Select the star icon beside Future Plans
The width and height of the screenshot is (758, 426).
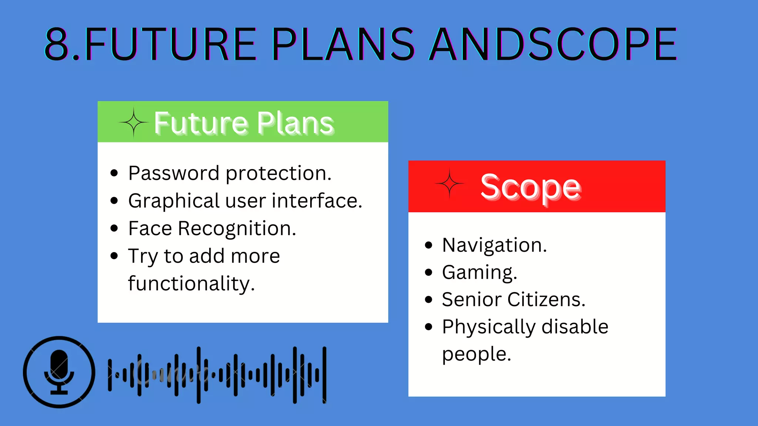tap(134, 122)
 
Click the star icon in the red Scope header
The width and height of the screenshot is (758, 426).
tap(449, 184)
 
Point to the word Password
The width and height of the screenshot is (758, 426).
tap(174, 173)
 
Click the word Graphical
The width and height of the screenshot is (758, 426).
tap(174, 201)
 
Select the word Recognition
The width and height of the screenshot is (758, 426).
tap(237, 229)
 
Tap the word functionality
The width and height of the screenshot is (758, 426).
tap(191, 284)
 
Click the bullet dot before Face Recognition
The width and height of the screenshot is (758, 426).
tap(114, 229)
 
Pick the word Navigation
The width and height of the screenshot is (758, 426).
tap(494, 245)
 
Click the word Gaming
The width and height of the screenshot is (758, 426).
tap(479, 273)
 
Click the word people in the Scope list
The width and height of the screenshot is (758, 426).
tap(476, 354)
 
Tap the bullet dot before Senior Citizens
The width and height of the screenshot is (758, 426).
tap(429, 300)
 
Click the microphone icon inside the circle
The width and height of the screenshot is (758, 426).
tap(59, 372)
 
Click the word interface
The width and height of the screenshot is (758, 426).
tap(317, 201)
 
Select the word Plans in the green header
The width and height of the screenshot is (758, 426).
tap(295, 123)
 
